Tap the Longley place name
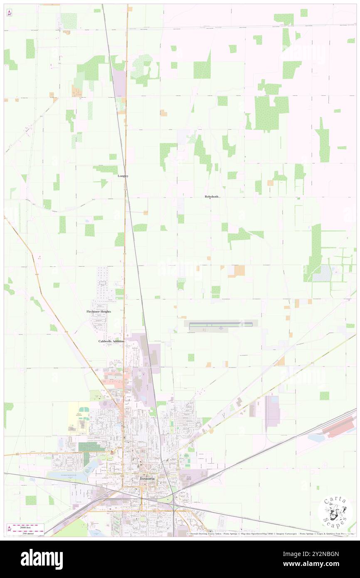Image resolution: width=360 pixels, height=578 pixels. tap(123, 176)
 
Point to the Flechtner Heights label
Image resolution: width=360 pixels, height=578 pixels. tap(99, 311)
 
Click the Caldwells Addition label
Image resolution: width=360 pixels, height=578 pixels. tap(111, 341)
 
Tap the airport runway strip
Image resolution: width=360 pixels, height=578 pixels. tap(221, 323)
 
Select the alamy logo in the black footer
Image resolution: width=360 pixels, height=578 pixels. tap(42, 559)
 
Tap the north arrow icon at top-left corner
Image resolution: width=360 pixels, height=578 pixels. tap(9, 13)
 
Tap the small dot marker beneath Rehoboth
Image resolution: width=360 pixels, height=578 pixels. tap(210, 199)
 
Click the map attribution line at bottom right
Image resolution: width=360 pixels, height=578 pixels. tap(266, 534)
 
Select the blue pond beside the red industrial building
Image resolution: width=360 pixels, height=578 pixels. tap(316, 437)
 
